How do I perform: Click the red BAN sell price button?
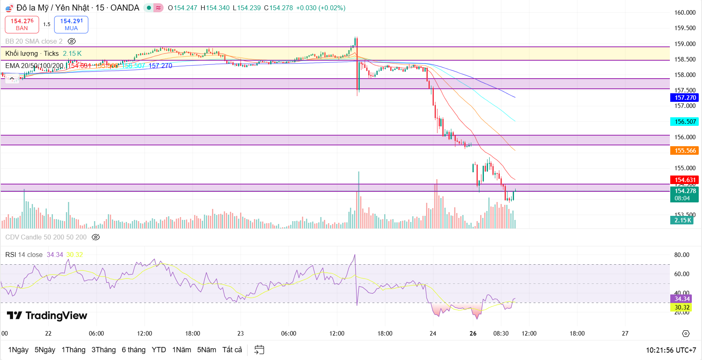(22, 24)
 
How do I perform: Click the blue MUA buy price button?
(71, 24)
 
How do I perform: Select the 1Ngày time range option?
(18, 350)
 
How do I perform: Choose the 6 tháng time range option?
(133, 350)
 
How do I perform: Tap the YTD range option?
(159, 350)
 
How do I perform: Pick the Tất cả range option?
(232, 350)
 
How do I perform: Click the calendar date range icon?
(259, 350)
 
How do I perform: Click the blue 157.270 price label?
(685, 98)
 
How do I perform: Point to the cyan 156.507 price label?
(685, 122)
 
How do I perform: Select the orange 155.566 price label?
(685, 151)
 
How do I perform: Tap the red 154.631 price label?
(685, 180)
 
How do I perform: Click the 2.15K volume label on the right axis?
(682, 220)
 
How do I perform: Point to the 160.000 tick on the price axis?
(685, 13)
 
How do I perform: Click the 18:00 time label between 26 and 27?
(577, 334)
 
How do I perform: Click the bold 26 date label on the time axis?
(473, 334)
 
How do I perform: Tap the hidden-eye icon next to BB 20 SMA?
(72, 41)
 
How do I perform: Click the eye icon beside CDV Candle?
(96, 237)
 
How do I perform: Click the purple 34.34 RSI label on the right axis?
(682, 299)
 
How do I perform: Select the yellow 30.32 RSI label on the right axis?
(682, 307)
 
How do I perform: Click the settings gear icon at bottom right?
(686, 334)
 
